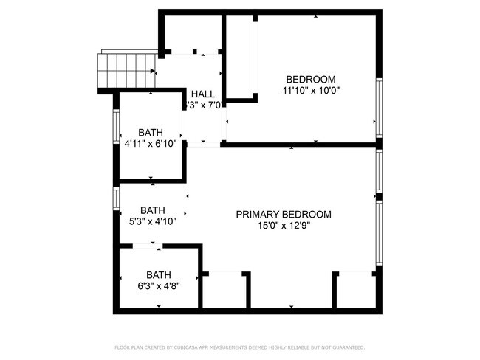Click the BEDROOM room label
pyautogui.click(x=310, y=80)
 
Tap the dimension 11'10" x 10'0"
pyautogui.click(x=310, y=91)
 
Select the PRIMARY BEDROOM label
pyautogui.click(x=284, y=215)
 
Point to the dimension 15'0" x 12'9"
pyautogui.click(x=284, y=226)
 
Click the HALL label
pyautogui.click(x=202, y=94)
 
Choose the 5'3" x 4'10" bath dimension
pyautogui.click(x=153, y=221)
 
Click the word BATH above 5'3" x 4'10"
pyautogui.click(x=153, y=210)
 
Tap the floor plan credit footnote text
pyautogui.click(x=239, y=347)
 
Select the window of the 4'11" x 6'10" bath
pyautogui.click(x=115, y=126)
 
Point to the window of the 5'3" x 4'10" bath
pyautogui.click(x=115, y=198)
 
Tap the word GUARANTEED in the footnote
pyautogui.click(x=347, y=347)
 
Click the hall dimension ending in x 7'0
pyautogui.click(x=202, y=105)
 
